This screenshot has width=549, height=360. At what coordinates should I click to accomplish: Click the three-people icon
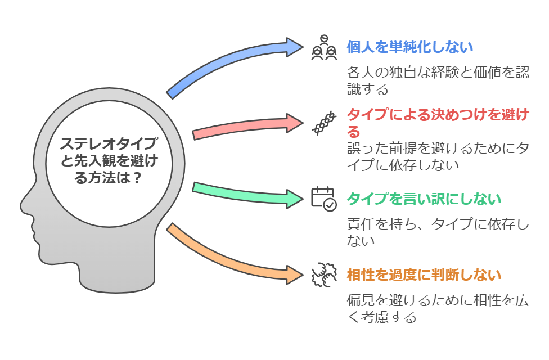(325, 48)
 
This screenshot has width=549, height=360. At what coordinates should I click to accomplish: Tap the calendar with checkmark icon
(323, 199)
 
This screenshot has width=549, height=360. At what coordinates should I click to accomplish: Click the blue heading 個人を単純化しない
(409, 47)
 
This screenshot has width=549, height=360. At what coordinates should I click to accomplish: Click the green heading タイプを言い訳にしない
(424, 199)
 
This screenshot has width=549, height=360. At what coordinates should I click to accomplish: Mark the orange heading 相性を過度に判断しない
(424, 275)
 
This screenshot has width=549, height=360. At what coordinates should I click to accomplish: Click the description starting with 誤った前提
(437, 157)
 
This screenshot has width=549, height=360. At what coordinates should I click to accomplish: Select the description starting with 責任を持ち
(437, 232)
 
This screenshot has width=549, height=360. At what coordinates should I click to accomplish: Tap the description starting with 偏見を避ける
(437, 308)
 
